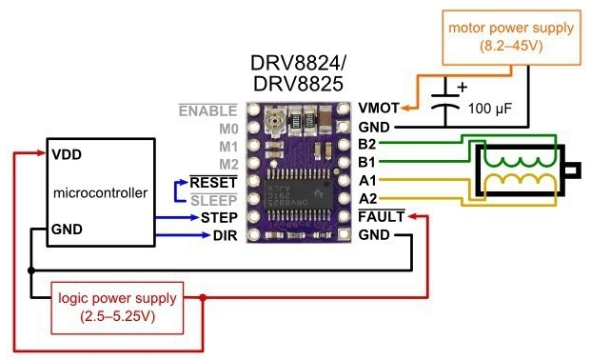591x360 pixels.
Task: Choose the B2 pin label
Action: point(368,144)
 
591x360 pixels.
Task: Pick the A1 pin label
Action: point(368,180)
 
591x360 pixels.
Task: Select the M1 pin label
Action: point(227,145)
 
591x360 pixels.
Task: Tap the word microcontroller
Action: point(102,192)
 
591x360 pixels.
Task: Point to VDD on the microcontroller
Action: point(68,153)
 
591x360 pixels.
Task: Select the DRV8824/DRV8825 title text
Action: point(298,74)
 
